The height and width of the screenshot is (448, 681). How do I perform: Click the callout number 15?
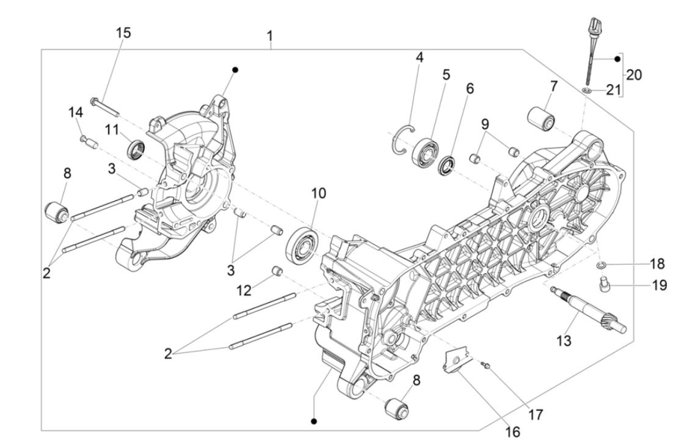(x=123, y=32)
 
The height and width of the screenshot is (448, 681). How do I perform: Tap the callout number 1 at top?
(x=269, y=37)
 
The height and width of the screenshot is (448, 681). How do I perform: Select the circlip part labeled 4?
(x=403, y=137)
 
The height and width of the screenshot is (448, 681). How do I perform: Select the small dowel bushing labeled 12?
(x=277, y=270)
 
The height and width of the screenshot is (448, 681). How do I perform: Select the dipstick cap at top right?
(x=592, y=28)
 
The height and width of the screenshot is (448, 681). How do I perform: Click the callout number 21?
(x=613, y=90)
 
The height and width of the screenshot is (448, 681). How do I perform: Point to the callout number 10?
(x=318, y=194)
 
